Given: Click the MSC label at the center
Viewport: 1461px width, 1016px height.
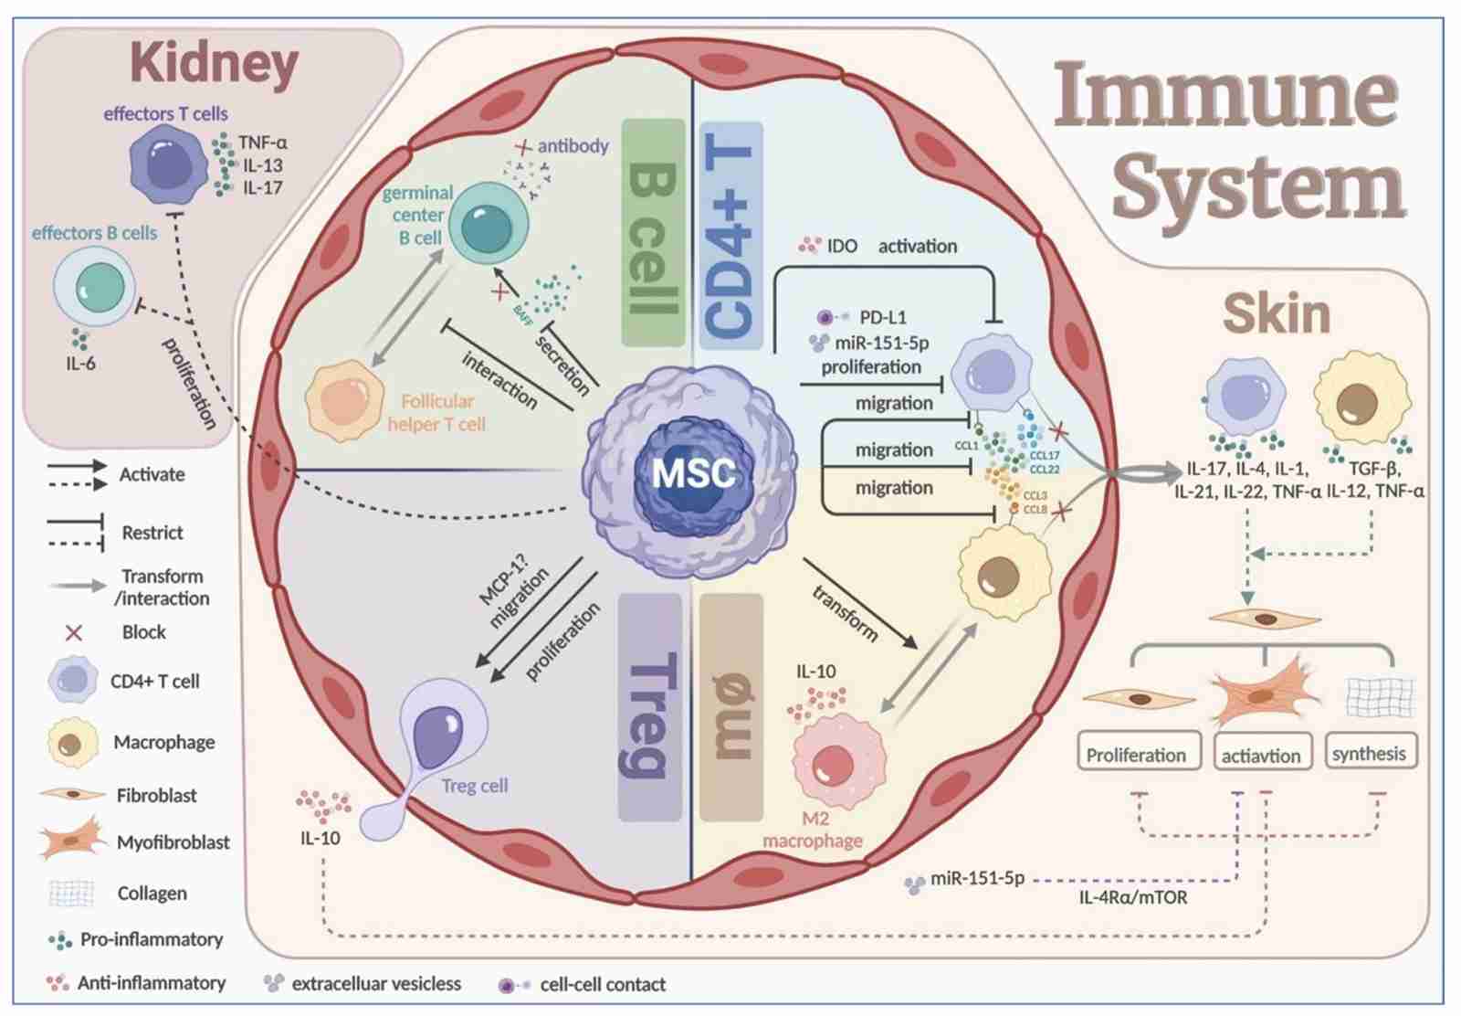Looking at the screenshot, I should [x=693, y=472].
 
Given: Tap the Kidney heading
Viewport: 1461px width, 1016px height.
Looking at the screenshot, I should [x=215, y=64].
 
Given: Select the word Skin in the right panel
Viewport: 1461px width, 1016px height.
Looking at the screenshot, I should [x=1277, y=314].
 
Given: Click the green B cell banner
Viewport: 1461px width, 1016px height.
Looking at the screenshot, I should [x=653, y=233].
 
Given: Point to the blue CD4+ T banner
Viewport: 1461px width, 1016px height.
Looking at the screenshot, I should [x=730, y=236].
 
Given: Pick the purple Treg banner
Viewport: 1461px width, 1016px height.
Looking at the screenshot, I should [x=650, y=707].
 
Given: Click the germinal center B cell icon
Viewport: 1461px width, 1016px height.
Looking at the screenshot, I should [x=487, y=225].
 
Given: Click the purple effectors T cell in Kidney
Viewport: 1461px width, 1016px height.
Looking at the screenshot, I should [x=169, y=165].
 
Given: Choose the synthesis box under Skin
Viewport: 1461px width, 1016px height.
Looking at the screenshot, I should [x=1369, y=753].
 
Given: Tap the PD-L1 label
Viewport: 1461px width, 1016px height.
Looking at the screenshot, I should [x=883, y=317].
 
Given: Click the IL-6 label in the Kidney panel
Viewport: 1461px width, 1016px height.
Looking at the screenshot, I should [x=80, y=364].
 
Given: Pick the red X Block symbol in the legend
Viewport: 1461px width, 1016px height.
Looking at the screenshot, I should [x=74, y=632].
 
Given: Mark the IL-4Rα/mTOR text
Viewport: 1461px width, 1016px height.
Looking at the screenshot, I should [x=1133, y=897].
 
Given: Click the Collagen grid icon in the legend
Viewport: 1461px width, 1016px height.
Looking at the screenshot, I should [x=71, y=893].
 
